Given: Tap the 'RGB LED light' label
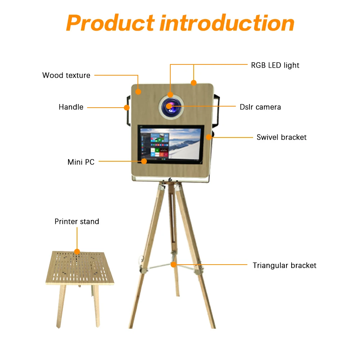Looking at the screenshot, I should click(x=275, y=65).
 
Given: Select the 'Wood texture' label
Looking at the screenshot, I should click(x=66, y=75).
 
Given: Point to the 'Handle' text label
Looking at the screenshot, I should click(x=71, y=107).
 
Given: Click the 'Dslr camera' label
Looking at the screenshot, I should click(x=260, y=107).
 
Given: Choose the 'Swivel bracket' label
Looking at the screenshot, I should click(x=282, y=137).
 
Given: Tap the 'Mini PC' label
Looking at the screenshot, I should click(x=81, y=162).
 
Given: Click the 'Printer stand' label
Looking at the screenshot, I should click(x=77, y=221).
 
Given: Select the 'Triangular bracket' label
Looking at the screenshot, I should click(x=284, y=265).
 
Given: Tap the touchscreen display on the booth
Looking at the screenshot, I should click(x=171, y=144).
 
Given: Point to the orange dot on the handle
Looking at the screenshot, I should click(x=126, y=107).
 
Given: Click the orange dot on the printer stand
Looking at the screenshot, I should click(x=77, y=251).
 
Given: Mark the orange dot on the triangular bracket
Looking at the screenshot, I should click(x=174, y=265).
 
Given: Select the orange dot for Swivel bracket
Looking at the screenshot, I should click(x=209, y=137).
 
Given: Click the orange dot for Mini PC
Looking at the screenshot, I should click(x=144, y=161).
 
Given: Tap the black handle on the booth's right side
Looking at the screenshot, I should click(x=217, y=112).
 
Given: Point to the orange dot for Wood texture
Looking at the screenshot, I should click(x=138, y=92).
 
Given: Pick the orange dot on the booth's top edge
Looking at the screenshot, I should click(x=194, y=83).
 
